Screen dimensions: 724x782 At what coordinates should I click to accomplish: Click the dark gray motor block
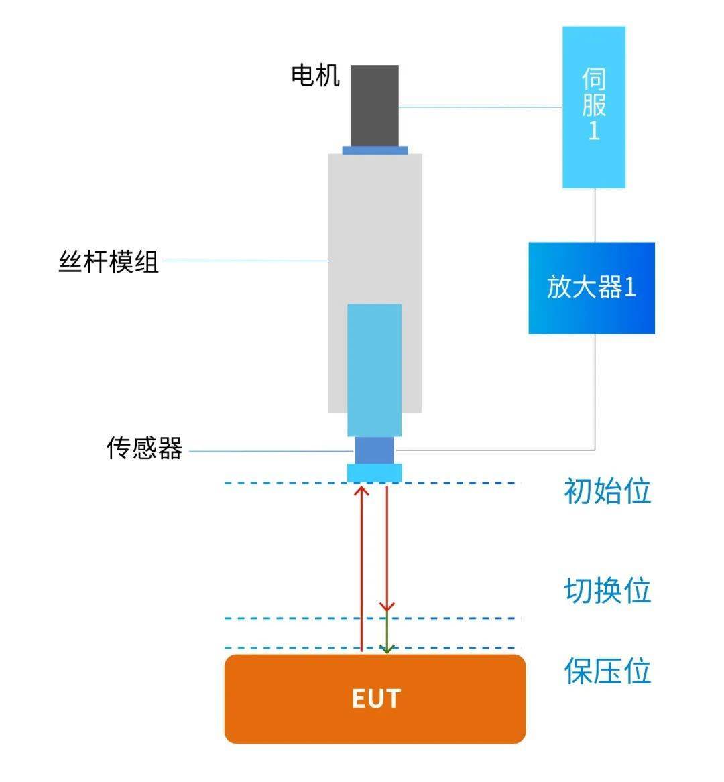point(374,106)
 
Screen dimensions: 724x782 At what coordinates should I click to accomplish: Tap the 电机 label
point(315,76)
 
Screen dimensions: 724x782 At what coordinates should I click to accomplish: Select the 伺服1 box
point(594,107)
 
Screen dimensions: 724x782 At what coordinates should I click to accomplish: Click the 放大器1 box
point(591,287)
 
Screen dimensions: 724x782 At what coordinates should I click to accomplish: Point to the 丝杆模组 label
point(109,261)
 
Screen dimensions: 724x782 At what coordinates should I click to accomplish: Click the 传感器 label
point(144,448)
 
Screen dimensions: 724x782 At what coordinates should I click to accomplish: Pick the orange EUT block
point(375,699)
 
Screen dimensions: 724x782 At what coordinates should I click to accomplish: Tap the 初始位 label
point(607,491)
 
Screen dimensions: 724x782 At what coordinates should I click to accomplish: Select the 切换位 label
point(607,590)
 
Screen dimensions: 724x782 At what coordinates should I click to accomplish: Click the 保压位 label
point(607,670)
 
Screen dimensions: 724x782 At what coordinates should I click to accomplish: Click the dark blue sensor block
point(374,450)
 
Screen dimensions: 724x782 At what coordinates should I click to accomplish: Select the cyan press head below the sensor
point(374,473)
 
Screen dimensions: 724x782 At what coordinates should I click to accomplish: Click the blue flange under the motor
point(375,150)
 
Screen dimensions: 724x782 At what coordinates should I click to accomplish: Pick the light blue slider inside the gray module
point(374,370)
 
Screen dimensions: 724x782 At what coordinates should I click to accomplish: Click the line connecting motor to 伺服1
point(481,107)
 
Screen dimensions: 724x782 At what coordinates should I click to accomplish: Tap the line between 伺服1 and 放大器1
point(594,216)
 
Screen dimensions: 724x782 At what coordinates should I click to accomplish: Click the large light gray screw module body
point(375,229)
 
